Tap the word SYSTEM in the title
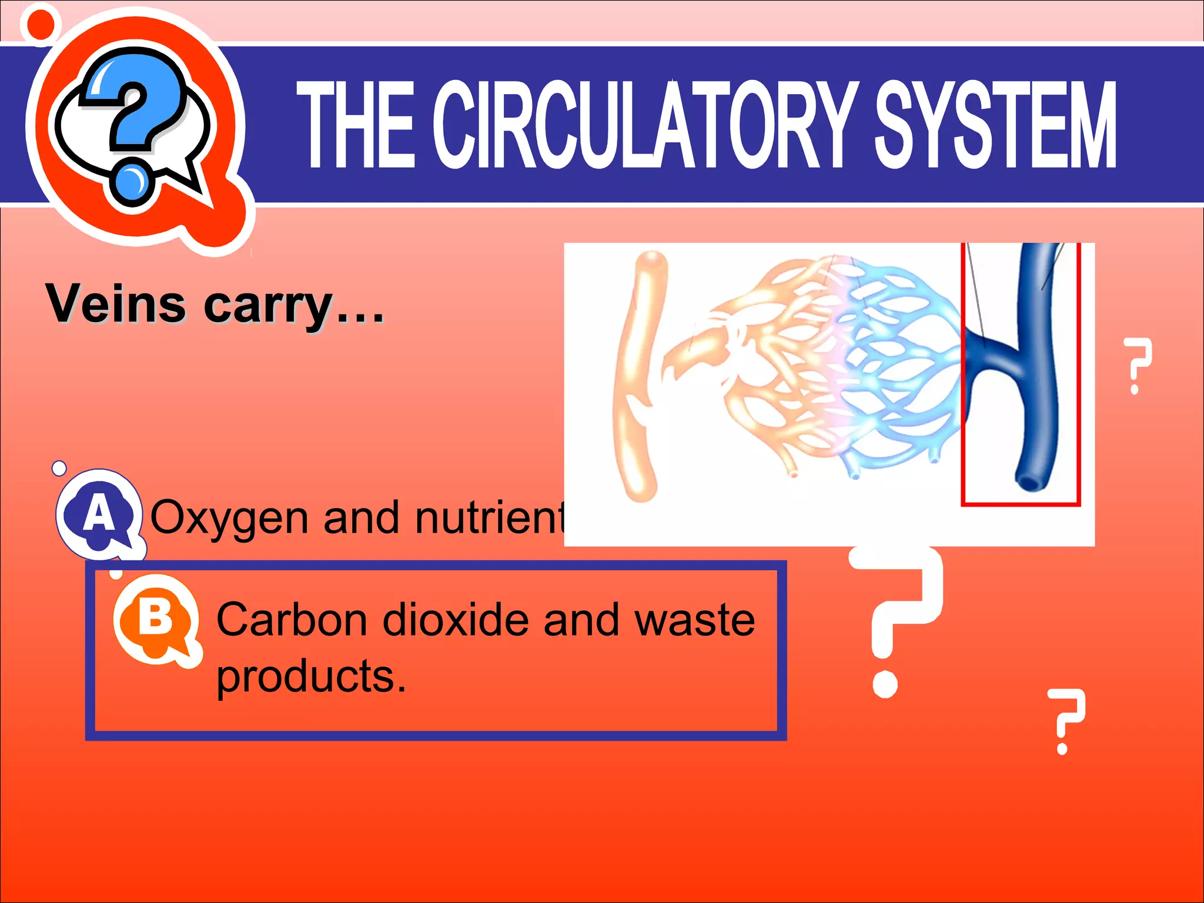(x=995, y=125)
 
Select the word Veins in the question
(x=116, y=304)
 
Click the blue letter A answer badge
(x=99, y=513)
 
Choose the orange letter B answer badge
(x=156, y=619)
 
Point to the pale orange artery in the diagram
(x=638, y=376)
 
